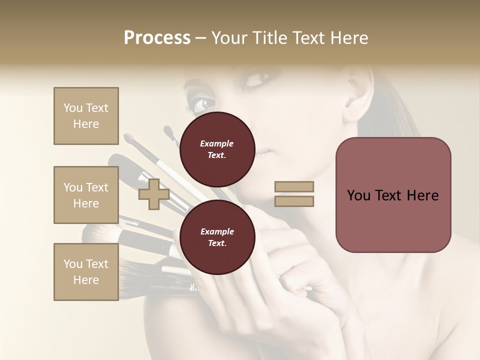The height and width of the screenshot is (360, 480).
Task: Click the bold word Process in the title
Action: [x=157, y=38]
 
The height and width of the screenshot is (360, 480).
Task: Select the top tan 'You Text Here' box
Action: [x=86, y=116]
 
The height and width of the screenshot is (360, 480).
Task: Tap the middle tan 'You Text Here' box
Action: [x=86, y=195]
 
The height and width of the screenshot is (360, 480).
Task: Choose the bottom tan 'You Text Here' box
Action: [x=86, y=271]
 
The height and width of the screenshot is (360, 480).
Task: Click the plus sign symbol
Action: [x=153, y=194]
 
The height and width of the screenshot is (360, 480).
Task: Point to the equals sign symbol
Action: [x=294, y=194]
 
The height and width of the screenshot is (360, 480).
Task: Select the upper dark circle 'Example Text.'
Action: [x=217, y=149]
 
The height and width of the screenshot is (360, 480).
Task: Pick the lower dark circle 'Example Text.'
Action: [x=217, y=237]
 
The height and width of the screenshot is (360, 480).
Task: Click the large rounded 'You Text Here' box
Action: [x=393, y=195]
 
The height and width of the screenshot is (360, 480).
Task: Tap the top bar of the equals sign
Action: [x=294, y=186]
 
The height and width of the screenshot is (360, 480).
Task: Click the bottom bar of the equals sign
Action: [x=294, y=201]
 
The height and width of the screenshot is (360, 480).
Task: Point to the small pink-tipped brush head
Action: [x=129, y=136]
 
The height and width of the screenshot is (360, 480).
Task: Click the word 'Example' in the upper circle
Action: [x=217, y=143]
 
